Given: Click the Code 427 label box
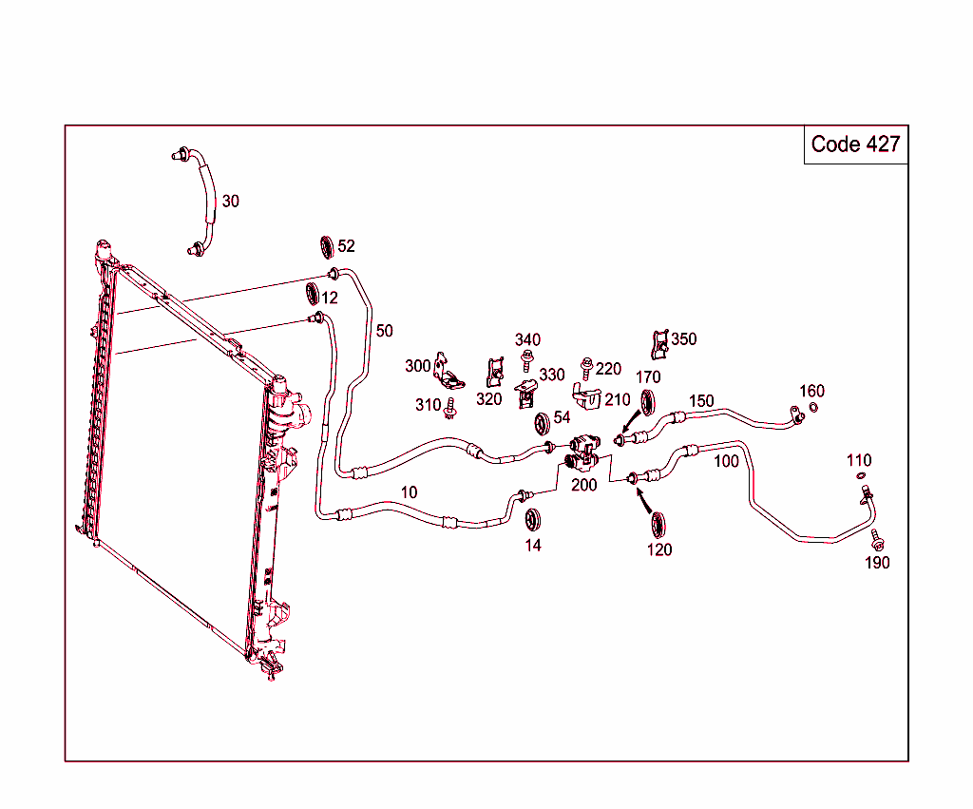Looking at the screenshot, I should click(x=855, y=144).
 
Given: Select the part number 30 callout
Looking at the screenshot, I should click(x=231, y=202).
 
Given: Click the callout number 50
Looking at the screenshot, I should click(x=384, y=331).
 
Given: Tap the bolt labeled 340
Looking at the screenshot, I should click(x=526, y=359).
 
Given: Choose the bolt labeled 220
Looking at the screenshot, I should click(x=586, y=365).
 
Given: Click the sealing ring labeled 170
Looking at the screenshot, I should click(x=650, y=402).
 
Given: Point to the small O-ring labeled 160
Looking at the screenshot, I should click(x=813, y=409).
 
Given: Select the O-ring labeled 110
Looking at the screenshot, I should click(x=860, y=475).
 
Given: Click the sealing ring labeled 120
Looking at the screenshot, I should click(x=657, y=525).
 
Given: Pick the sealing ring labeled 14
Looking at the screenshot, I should click(x=533, y=521).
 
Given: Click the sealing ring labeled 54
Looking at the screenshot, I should click(x=544, y=422).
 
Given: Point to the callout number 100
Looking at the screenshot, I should click(x=726, y=462).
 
